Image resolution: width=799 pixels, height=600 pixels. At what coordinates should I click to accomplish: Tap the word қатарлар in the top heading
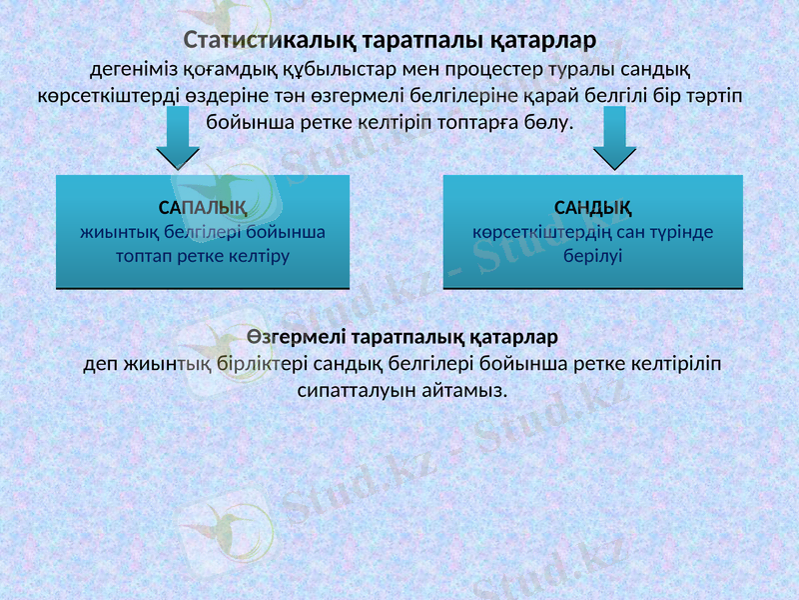[x=543, y=41]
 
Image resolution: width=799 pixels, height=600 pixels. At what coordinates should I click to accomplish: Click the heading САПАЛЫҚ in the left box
[x=203, y=208]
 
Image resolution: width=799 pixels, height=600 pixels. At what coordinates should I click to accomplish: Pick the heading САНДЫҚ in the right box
[x=592, y=208]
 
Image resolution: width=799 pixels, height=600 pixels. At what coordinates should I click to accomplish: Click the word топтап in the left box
[x=150, y=255]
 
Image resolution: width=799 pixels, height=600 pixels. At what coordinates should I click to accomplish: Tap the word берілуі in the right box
[x=593, y=255]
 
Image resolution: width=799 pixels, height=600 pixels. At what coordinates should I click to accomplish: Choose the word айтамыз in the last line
[x=466, y=387]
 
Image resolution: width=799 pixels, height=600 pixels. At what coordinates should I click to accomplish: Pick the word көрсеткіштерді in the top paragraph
[x=98, y=96]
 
